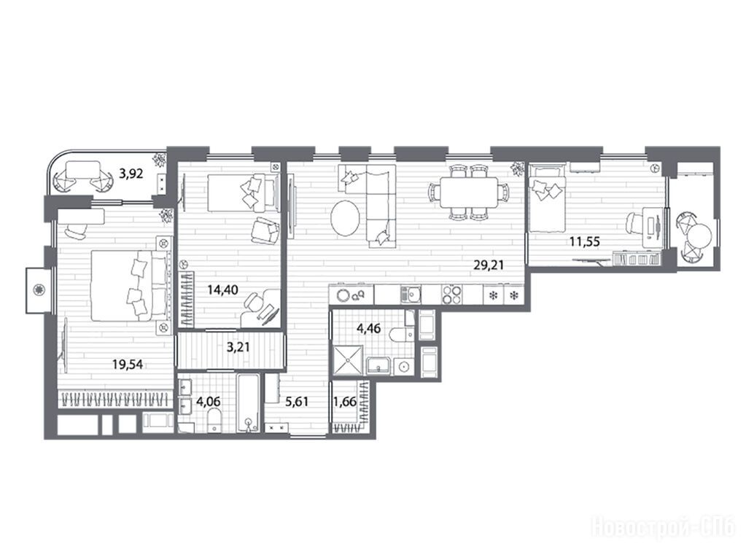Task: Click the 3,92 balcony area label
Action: point(131,174)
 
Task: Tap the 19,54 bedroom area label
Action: point(128,365)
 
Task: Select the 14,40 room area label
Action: point(222,289)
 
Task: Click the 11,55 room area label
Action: point(585,241)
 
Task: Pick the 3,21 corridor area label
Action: point(238,347)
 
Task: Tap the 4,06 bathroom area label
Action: point(208,402)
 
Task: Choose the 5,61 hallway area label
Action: point(296,402)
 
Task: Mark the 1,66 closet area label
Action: point(344,402)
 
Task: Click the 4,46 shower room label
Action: point(368,328)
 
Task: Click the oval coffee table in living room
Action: point(346,218)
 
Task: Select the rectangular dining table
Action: point(469,192)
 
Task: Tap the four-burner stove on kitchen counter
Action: point(451,294)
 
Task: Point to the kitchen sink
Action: point(411,294)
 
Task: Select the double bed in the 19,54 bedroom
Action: point(129,286)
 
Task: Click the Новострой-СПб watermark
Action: point(663,528)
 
